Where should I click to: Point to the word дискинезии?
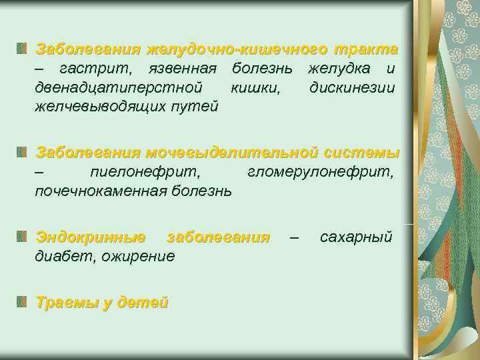tap(352, 87)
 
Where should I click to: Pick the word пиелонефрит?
tap(147, 173)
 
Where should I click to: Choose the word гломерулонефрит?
tap(321, 173)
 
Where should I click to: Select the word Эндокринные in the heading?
tap(91, 237)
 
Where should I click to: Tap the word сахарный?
tap(356, 237)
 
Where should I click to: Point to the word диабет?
tap(62, 255)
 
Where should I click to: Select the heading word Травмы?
tap(67, 303)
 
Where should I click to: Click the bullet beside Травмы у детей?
tap(23, 303)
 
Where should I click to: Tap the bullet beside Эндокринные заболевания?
tap(23, 237)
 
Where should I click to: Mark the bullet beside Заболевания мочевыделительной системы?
tap(23, 153)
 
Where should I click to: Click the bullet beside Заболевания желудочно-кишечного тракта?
tap(23, 49)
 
